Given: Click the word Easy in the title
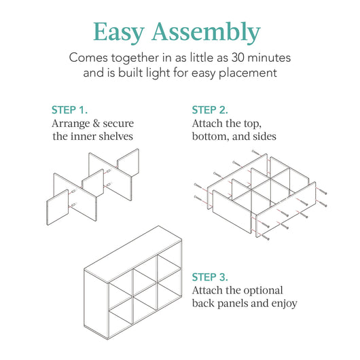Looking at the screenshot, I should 122,32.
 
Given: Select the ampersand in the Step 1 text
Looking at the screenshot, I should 97,124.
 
